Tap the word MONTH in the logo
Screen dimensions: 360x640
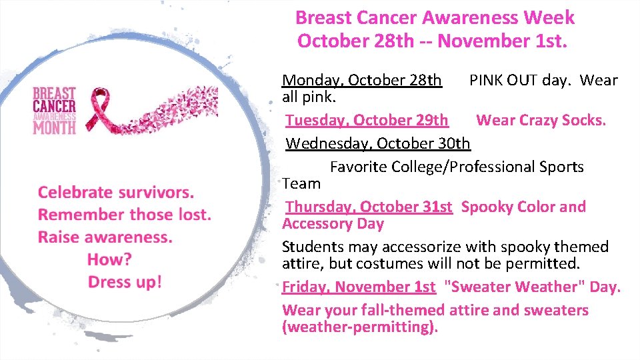coord(55,127)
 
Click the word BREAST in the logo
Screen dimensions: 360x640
coord(55,93)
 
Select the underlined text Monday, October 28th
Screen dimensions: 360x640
coord(362,81)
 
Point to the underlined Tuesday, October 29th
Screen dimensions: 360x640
coord(367,121)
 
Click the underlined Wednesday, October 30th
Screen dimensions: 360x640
coord(378,143)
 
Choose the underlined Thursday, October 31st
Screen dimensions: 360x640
coord(369,207)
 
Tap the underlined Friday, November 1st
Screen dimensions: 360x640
coord(359,287)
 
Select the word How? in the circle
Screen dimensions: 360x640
coord(109,259)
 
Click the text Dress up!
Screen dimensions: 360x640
coord(125,282)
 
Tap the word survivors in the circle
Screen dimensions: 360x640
coord(155,193)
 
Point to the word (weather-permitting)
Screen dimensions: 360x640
coord(360,327)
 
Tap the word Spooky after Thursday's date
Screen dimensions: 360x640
coord(485,207)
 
